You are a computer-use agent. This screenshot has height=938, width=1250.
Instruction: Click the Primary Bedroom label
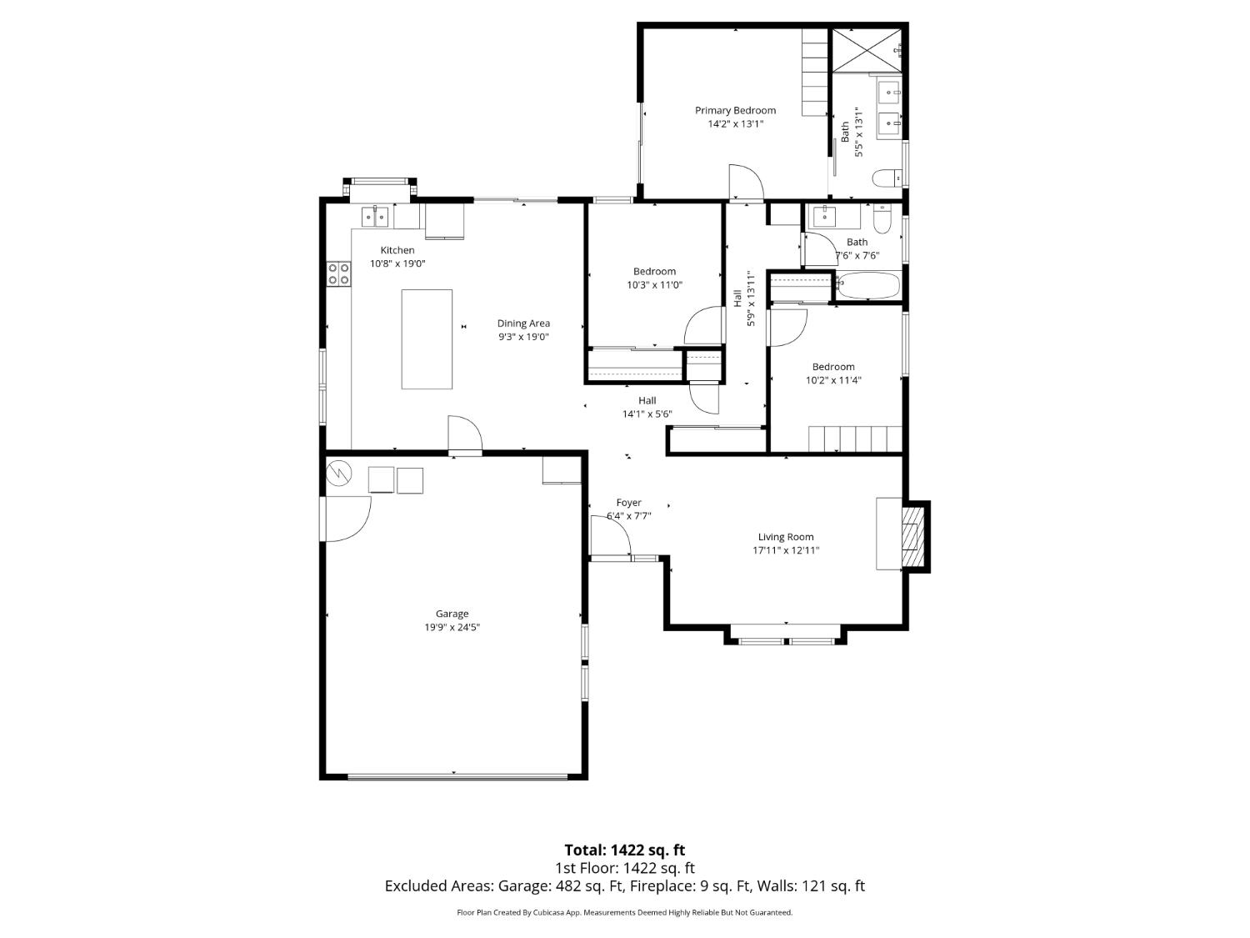coord(735,110)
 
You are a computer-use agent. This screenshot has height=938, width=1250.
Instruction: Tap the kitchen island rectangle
coord(427,339)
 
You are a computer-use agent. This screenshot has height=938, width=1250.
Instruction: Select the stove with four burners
coord(338,273)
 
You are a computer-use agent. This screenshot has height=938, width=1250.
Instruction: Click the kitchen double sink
coord(374,217)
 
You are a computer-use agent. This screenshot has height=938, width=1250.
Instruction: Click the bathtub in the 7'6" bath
coord(867,286)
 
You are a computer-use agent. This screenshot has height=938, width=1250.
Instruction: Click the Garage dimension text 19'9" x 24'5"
coord(452,628)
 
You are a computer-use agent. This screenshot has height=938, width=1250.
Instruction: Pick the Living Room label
coord(785,537)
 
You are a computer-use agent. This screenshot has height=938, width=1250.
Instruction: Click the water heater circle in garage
coord(339,473)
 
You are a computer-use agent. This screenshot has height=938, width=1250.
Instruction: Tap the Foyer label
coord(628,503)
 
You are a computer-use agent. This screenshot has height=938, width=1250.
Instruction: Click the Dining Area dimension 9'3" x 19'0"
coord(523,337)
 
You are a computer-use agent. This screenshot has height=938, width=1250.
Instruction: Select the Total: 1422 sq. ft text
coord(624,850)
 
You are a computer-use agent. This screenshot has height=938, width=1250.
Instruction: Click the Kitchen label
coord(397,250)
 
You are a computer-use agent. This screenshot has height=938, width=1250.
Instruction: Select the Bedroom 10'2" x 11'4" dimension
coord(832,380)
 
